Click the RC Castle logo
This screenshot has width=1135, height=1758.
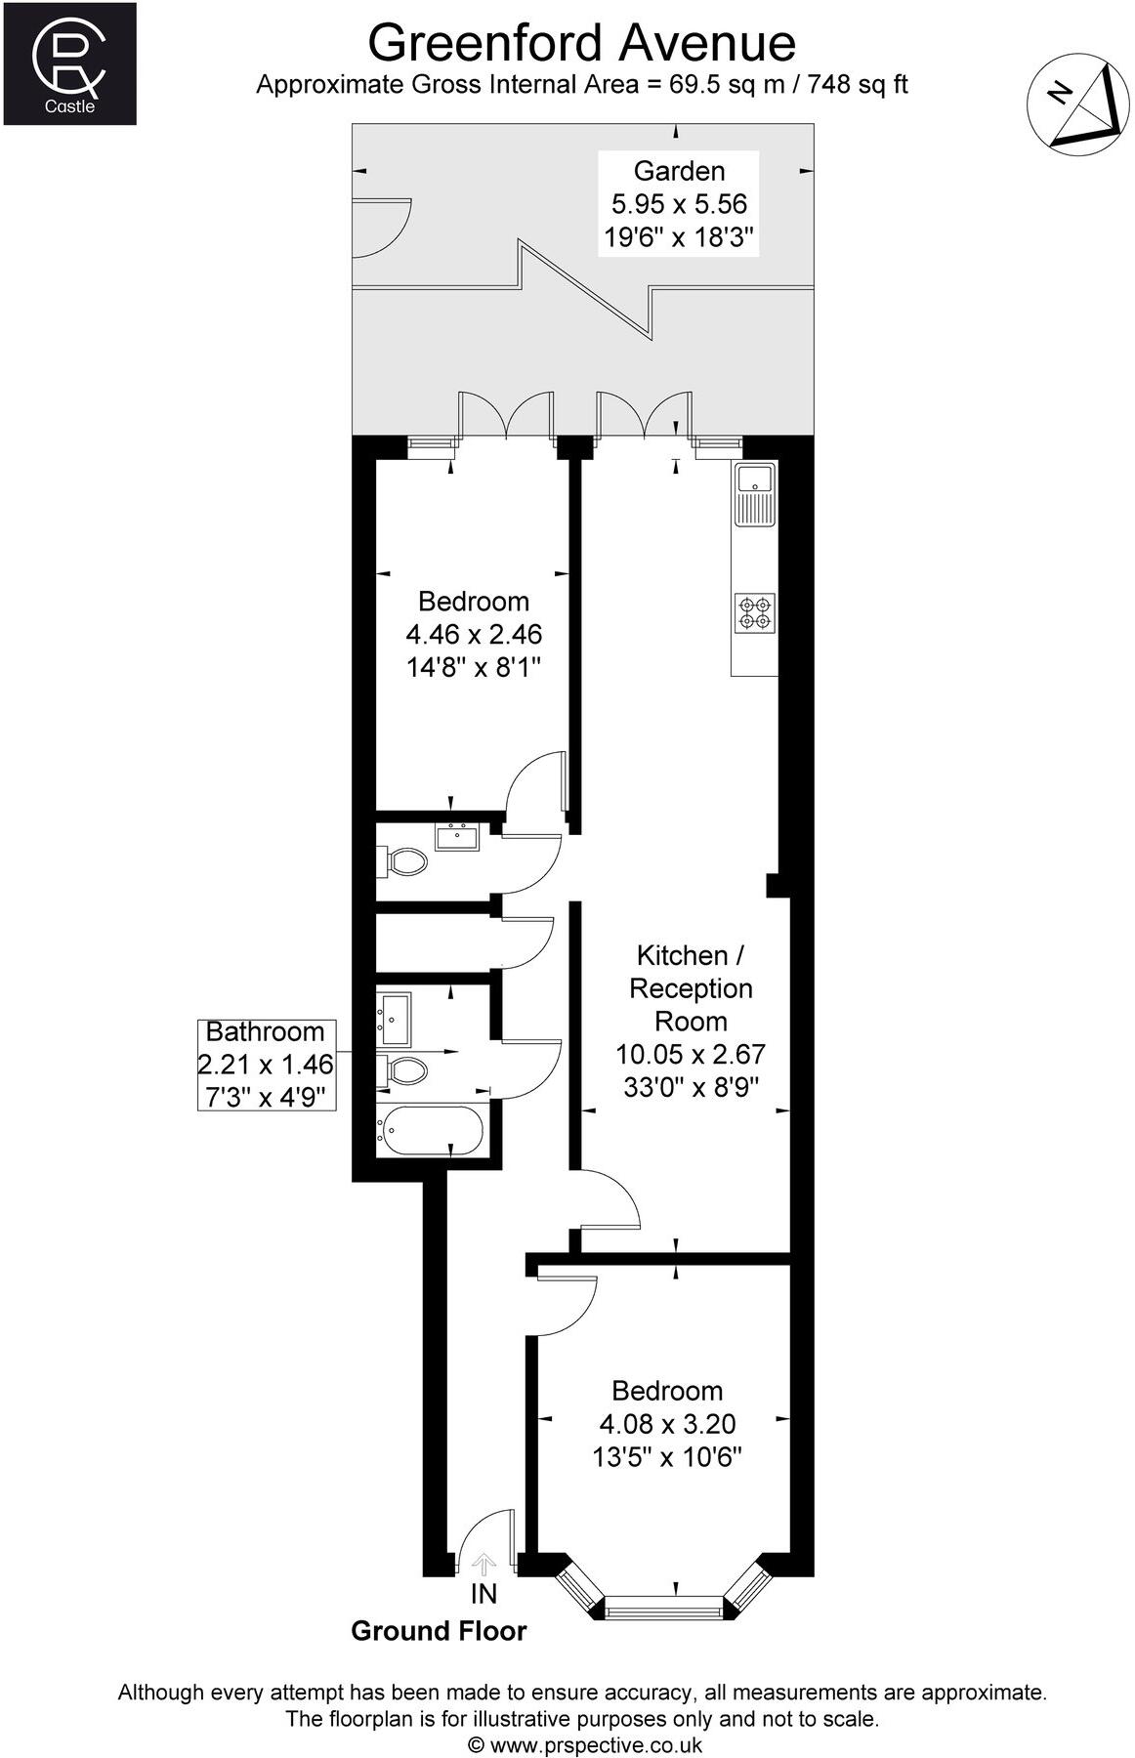69,63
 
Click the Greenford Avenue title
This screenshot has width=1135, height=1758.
581,42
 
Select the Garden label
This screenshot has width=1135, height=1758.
679,171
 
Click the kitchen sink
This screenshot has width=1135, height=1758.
755,492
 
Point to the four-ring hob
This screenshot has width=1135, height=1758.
755,612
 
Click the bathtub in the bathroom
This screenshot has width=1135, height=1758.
431,1131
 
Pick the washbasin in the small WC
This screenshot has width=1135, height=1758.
456,837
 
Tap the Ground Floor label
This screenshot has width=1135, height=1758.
439,1631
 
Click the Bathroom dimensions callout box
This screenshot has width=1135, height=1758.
267,1064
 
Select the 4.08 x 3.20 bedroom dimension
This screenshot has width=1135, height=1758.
667,1424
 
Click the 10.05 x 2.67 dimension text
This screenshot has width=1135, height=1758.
691,1054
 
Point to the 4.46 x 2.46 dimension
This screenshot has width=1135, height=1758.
474,634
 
